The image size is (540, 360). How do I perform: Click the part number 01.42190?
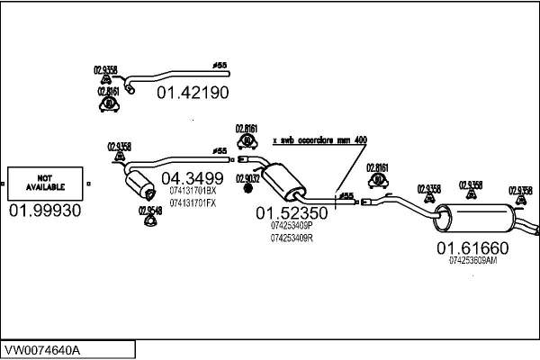[x=193, y=92]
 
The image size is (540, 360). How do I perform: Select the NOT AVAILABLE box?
[x=47, y=184]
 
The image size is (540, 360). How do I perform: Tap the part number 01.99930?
[x=45, y=211]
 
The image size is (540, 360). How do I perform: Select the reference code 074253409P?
[x=291, y=227]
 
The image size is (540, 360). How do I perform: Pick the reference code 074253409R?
[x=291, y=238]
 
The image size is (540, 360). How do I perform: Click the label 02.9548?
[x=150, y=211]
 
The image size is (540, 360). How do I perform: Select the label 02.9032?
[x=247, y=179]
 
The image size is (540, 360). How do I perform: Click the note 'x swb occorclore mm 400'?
[x=319, y=140]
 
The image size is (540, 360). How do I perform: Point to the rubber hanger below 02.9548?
[x=151, y=223]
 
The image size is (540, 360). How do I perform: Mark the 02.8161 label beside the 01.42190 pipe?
[x=108, y=91]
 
